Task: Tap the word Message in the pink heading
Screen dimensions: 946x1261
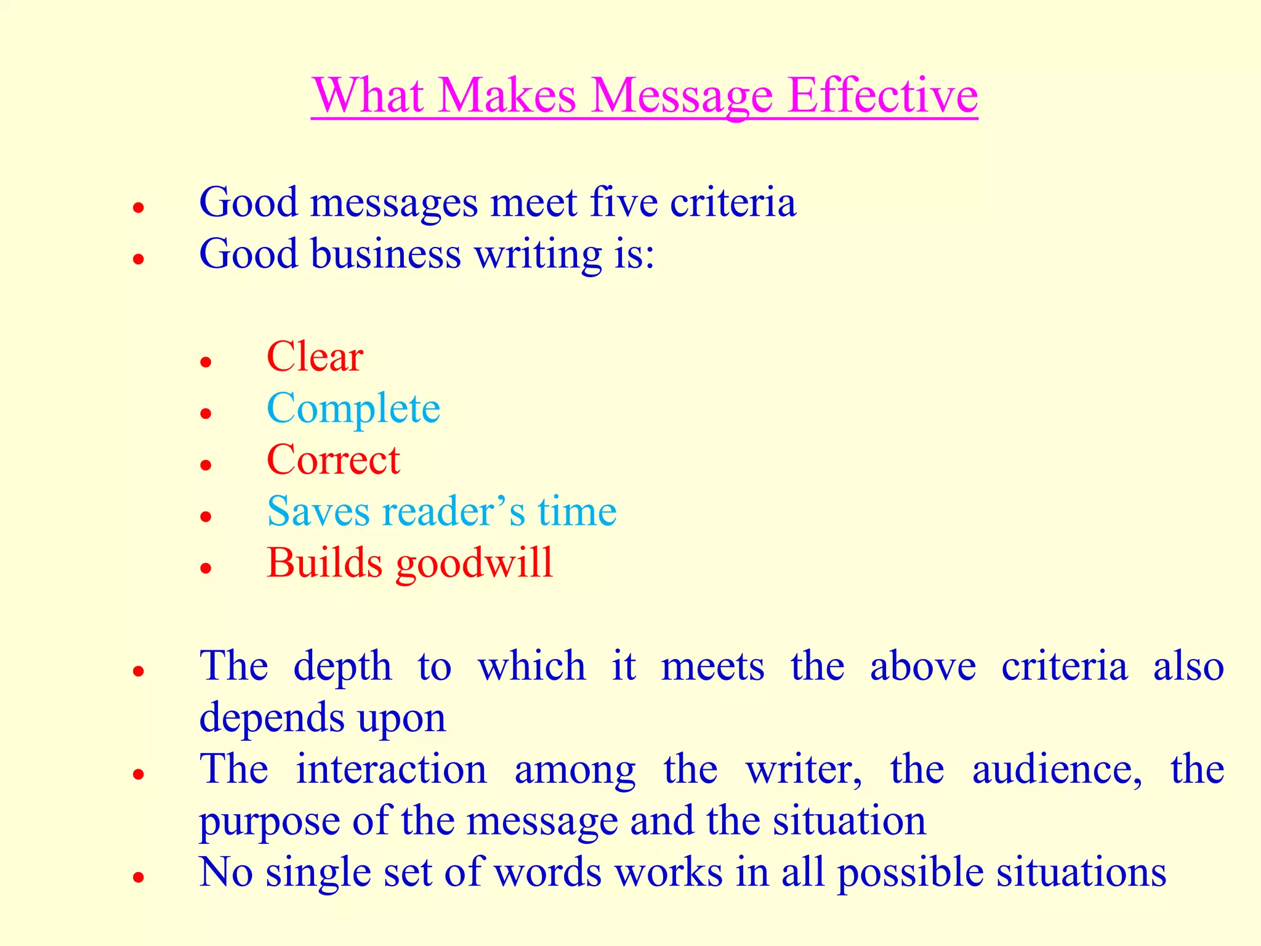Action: point(682,97)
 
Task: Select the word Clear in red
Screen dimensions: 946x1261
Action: point(315,357)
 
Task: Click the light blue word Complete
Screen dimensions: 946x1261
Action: point(353,409)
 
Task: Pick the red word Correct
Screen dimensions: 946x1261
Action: point(333,460)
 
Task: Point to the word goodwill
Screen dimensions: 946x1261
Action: point(474,564)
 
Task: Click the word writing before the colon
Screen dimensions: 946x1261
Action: point(538,255)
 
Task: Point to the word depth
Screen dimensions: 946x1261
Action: point(342,667)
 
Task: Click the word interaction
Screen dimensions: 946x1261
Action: point(392,769)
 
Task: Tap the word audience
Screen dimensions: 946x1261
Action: point(1057,769)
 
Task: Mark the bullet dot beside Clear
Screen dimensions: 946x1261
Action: point(206,362)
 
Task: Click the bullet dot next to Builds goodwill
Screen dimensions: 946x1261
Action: point(206,568)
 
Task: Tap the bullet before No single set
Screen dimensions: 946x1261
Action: point(139,877)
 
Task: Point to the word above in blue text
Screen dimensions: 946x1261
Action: point(922,666)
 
